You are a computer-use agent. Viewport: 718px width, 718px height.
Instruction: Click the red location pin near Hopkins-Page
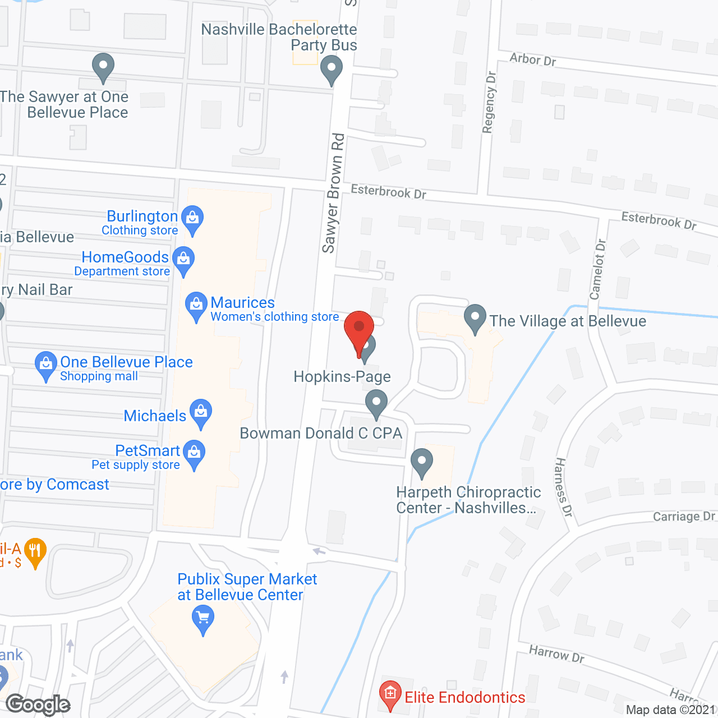(x=359, y=328)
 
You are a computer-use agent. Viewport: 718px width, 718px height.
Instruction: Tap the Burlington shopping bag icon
(x=192, y=218)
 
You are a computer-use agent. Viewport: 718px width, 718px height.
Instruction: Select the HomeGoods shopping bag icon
(x=183, y=260)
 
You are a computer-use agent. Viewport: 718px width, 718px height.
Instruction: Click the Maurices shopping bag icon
(x=196, y=305)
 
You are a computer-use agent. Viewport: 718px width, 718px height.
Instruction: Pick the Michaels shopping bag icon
(x=200, y=412)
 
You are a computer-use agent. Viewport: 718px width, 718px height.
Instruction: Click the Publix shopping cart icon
(x=203, y=619)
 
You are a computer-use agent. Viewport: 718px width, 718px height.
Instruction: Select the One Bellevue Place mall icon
(x=45, y=364)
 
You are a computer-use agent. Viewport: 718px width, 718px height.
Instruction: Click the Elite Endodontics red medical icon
(x=390, y=693)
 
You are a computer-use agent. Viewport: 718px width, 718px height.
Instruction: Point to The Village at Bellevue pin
(x=475, y=317)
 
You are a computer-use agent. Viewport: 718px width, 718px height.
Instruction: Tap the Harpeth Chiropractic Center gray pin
(x=422, y=462)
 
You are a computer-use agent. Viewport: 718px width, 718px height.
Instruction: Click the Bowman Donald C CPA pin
(x=376, y=403)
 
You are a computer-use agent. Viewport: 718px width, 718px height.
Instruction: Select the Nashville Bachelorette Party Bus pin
(x=331, y=70)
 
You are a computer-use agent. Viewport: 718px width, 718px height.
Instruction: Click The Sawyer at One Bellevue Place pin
(x=103, y=66)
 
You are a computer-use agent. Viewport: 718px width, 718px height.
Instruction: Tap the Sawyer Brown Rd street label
(x=333, y=193)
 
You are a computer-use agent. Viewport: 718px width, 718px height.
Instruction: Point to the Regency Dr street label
(x=489, y=102)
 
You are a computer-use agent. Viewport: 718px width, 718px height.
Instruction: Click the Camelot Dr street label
(x=598, y=269)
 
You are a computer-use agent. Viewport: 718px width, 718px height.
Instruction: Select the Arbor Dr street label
(x=532, y=59)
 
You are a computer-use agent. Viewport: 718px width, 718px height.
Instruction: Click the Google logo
(x=38, y=705)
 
